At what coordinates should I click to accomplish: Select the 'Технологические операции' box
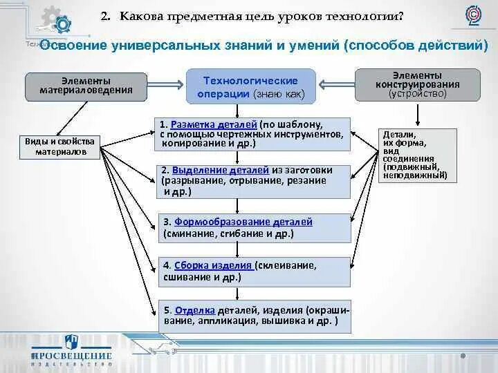(x=250, y=86)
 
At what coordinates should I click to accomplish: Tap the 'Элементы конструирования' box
(x=416, y=84)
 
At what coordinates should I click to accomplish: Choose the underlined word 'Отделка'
(x=195, y=309)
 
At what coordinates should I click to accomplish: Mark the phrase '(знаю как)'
(x=279, y=93)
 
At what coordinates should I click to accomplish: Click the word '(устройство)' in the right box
(x=417, y=93)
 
